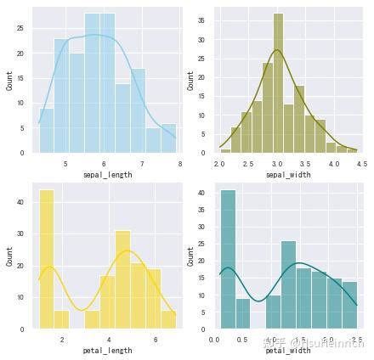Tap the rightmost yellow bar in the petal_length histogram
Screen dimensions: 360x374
point(168,319)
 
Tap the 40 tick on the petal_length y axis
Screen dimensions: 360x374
point(20,202)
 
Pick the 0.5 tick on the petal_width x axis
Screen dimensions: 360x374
point(243,338)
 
